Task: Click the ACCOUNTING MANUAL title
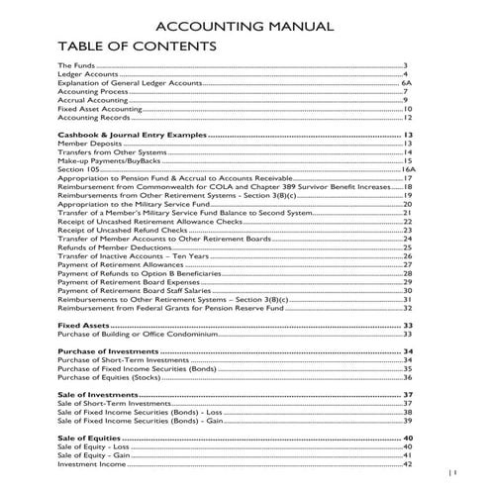pos(245,26)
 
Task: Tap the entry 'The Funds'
pos(77,65)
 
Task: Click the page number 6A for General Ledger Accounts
pos(405,83)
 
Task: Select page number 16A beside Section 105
pos(406,169)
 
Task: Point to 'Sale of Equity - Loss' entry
pos(94,446)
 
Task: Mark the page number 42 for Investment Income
pos(407,463)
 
